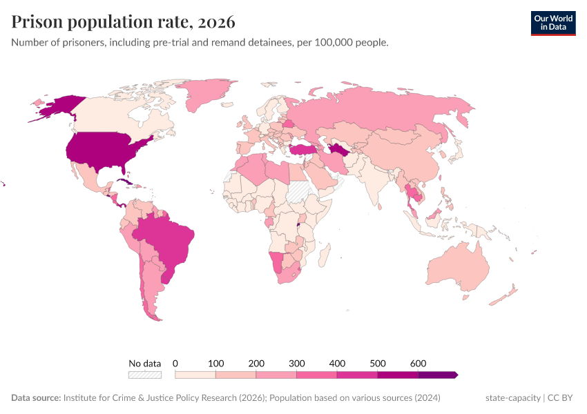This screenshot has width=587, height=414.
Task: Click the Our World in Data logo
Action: tap(552, 23)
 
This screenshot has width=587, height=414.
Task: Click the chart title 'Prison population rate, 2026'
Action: tap(123, 22)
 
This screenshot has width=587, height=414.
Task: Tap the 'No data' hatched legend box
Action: tap(144, 375)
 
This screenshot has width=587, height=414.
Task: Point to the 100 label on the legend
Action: tap(216, 363)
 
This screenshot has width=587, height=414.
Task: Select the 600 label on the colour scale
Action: tap(418, 363)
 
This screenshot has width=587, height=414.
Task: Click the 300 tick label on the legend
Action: tap(297, 363)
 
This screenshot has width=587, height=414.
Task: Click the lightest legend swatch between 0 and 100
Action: tap(195, 375)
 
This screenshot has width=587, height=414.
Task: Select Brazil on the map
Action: tap(169, 241)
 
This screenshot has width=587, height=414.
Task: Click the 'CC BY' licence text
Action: tap(562, 398)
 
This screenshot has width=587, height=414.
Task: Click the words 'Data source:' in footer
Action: tap(36, 398)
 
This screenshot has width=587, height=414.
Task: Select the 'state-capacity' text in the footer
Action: tap(513, 398)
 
